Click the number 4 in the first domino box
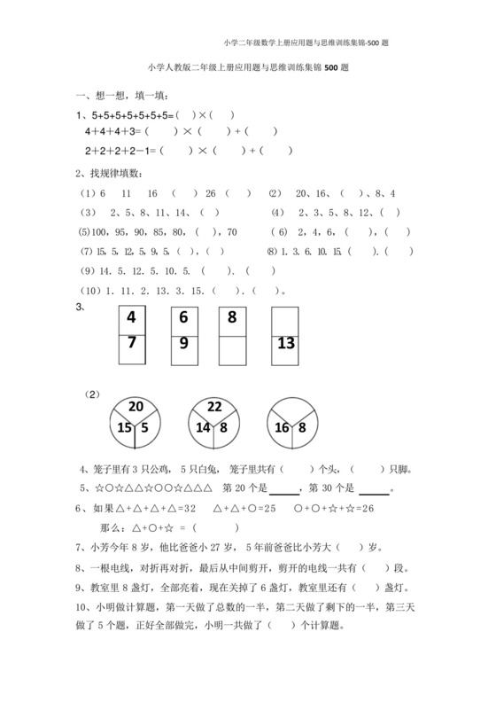tap(132, 319)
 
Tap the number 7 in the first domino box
tap(132, 344)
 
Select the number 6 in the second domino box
tap(184, 319)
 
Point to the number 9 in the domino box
tap(184, 344)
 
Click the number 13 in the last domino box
tap(287, 344)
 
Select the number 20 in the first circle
tap(135, 407)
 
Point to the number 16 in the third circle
tap(283, 427)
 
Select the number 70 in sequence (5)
tap(231, 232)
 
